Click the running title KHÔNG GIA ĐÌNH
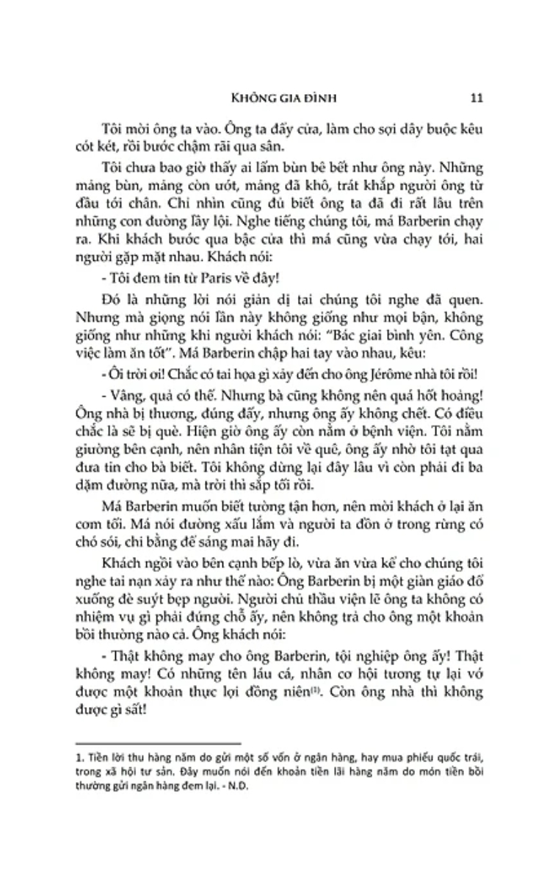(x=275, y=96)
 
